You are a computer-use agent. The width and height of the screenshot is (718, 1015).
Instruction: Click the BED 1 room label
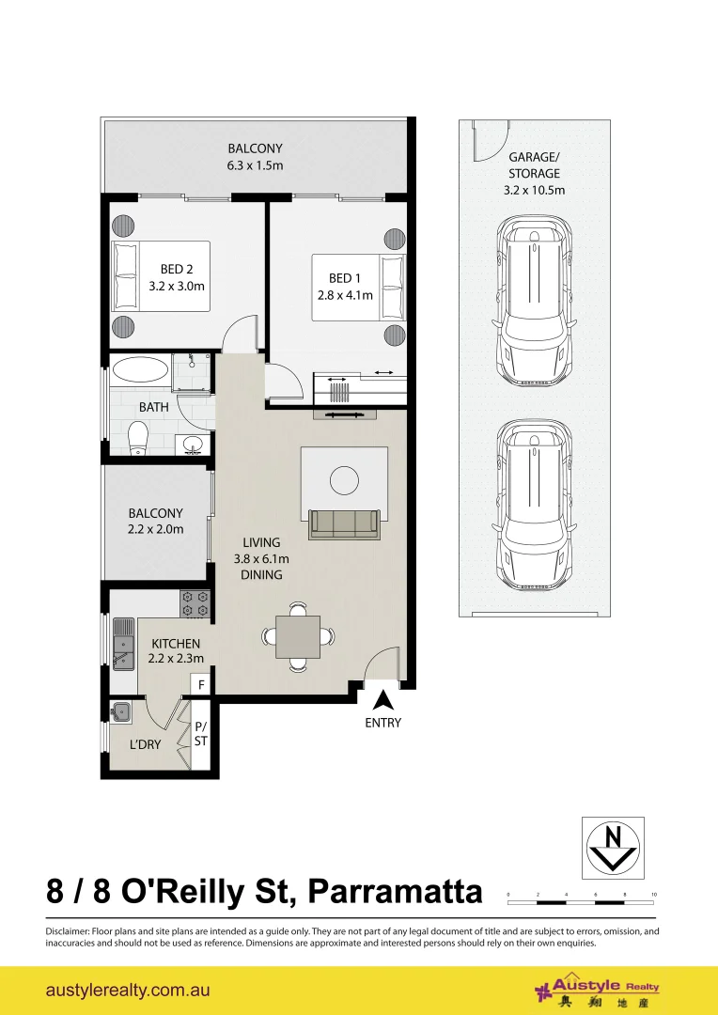point(344,278)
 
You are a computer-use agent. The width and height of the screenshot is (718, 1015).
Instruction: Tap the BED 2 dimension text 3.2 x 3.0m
point(177,286)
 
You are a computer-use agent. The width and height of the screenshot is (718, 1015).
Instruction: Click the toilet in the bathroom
point(137,438)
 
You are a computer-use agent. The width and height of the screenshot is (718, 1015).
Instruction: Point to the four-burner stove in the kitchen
point(195,603)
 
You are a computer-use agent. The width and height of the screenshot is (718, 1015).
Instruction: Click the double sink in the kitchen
point(123,643)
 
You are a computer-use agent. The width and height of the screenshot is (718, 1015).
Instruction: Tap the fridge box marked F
point(201,684)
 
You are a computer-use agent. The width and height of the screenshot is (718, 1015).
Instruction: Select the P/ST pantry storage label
point(201,733)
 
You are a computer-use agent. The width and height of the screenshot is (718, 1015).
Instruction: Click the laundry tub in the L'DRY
point(120,712)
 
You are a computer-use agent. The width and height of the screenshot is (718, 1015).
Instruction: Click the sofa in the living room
point(344,524)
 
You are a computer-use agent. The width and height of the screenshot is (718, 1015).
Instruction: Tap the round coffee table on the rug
point(344,480)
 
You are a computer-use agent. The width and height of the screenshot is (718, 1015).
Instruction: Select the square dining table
point(298,636)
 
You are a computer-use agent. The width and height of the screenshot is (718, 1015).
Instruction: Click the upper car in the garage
point(535,304)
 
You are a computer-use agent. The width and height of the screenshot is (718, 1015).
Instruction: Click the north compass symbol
point(613,848)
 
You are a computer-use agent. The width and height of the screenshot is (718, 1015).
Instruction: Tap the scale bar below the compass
point(581,898)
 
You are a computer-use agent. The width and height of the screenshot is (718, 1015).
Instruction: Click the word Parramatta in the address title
point(395,892)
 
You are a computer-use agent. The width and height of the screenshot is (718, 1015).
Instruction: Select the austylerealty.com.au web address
point(128,991)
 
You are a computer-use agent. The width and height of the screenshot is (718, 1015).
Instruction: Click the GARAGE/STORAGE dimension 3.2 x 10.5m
point(534,190)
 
